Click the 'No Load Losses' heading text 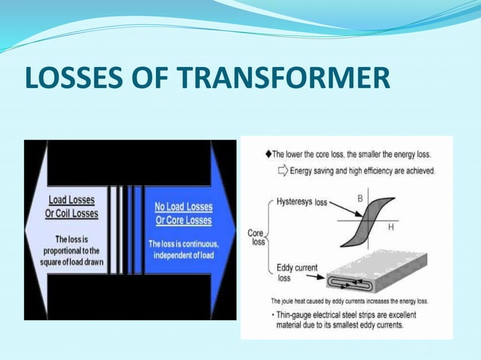(x=182, y=207)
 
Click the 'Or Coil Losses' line (x=74, y=213)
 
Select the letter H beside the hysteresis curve (x=391, y=227)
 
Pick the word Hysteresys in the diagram (x=290, y=203)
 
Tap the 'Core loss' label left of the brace (x=256, y=238)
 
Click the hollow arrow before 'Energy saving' (x=283, y=171)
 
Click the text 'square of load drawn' (x=72, y=262)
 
